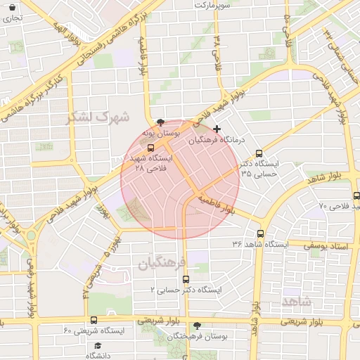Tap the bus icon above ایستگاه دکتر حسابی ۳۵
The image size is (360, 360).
click(259, 153)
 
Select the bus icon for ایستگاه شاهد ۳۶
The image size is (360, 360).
click(261, 233)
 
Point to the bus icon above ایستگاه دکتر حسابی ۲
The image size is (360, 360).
click(185, 279)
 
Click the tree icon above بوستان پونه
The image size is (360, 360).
click(162, 121)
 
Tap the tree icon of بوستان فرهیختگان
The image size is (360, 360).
click(197, 326)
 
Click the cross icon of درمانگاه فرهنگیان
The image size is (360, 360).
click(217, 129)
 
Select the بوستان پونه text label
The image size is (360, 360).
click(161, 132)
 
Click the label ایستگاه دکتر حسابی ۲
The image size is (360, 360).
click(186, 290)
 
